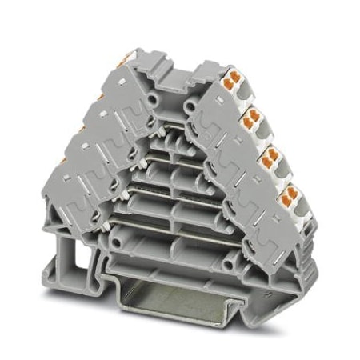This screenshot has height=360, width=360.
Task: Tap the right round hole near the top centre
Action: tap(190, 105)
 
